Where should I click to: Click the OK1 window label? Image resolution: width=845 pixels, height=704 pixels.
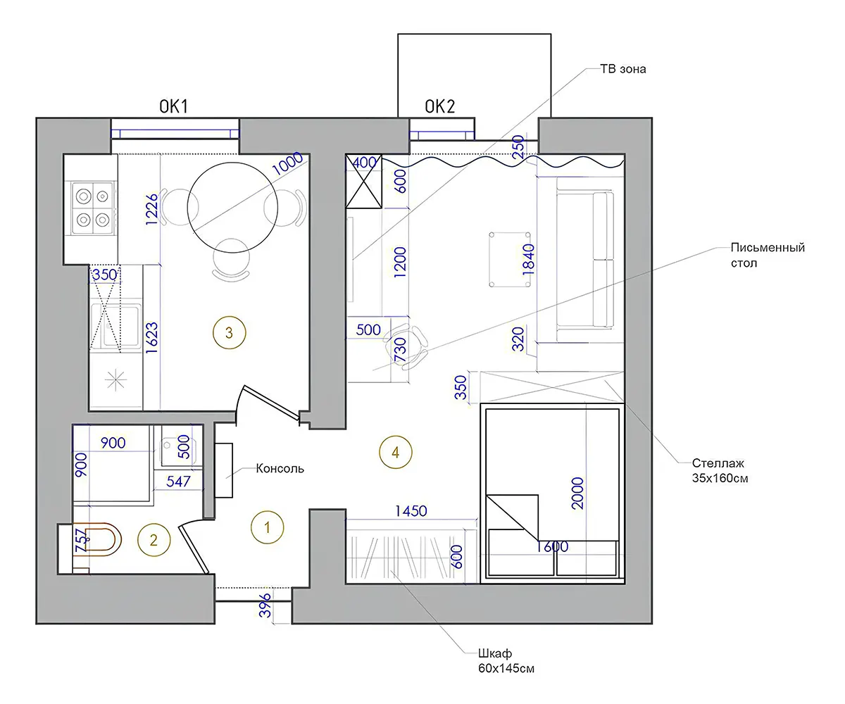[x=174, y=106]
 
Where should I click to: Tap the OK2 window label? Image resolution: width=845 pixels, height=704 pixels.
[x=440, y=106]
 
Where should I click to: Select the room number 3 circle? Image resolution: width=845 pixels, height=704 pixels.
[x=229, y=332]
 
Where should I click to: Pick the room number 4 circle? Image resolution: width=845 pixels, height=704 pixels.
[x=395, y=452]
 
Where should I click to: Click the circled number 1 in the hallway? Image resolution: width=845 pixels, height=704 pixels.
[x=267, y=527]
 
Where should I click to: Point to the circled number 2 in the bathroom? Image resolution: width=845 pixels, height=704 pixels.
[x=154, y=540]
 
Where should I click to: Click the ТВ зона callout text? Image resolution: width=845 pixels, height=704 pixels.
[x=622, y=69]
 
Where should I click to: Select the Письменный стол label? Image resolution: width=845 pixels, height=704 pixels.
[x=768, y=256]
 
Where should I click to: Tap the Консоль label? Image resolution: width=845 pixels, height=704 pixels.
[x=280, y=469]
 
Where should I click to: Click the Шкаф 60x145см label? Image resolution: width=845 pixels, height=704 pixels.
[x=506, y=661]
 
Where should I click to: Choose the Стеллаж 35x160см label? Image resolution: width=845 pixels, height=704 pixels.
[x=720, y=470]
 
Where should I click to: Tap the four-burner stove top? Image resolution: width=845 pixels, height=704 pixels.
[x=93, y=208]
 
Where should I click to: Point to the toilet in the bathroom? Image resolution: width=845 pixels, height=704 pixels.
[x=97, y=540]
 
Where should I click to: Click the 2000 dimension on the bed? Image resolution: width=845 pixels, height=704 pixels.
[x=577, y=493]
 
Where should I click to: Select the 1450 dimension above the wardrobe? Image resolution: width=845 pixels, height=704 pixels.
[x=411, y=511]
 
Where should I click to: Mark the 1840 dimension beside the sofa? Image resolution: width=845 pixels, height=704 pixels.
[x=529, y=260]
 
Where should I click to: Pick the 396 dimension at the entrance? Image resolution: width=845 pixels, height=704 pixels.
[x=265, y=605]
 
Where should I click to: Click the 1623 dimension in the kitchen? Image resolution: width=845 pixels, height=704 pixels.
[x=152, y=338]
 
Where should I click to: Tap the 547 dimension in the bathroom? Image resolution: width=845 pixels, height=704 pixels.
[x=178, y=481]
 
